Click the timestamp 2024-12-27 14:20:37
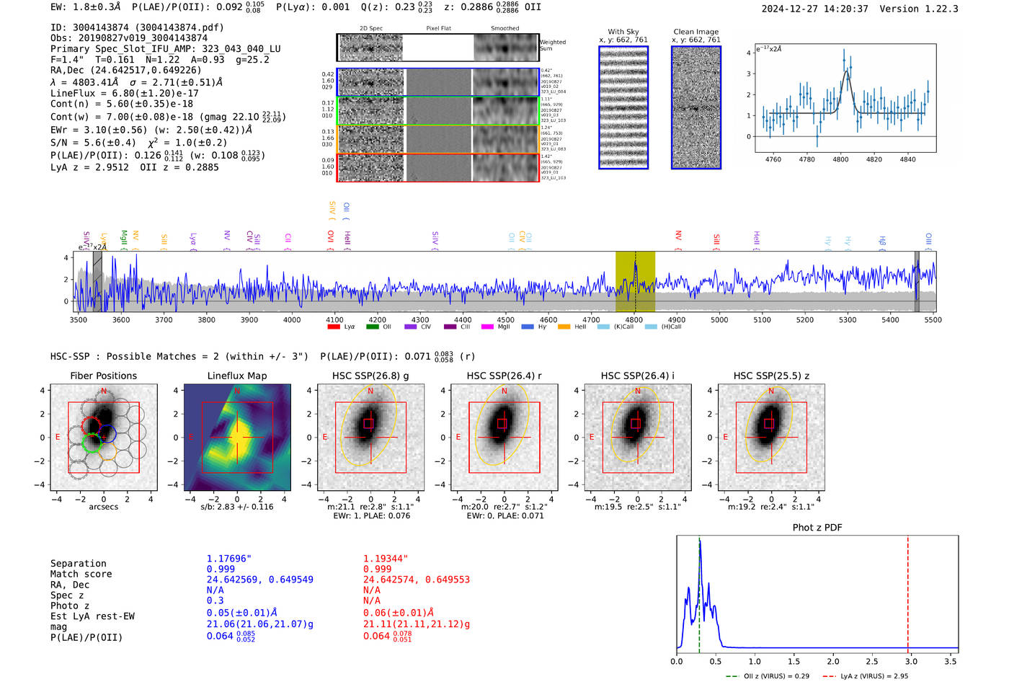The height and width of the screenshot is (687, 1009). [814, 9]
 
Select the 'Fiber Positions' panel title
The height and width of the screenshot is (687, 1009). [103, 376]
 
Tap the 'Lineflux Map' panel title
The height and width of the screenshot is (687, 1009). [237, 376]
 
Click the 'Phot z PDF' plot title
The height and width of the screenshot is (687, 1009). [817, 528]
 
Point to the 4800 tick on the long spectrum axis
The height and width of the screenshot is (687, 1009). [634, 319]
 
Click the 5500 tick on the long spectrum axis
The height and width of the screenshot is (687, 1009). [933, 319]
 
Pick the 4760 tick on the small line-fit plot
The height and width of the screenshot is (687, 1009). [773, 159]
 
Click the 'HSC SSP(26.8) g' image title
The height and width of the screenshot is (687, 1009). [370, 376]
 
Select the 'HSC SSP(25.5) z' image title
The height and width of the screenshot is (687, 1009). [771, 376]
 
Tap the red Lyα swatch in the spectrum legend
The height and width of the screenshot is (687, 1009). [334, 327]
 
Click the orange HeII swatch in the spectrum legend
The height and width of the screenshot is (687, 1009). [564, 327]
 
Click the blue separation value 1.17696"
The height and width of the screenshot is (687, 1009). [228, 559]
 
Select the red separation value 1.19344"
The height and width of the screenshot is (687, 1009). [386, 559]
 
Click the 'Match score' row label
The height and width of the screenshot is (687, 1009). [81, 575]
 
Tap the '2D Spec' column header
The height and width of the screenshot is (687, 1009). [370, 29]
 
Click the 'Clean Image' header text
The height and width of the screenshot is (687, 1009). [695, 32]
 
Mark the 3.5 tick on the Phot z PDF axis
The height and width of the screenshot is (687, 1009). [951, 661]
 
